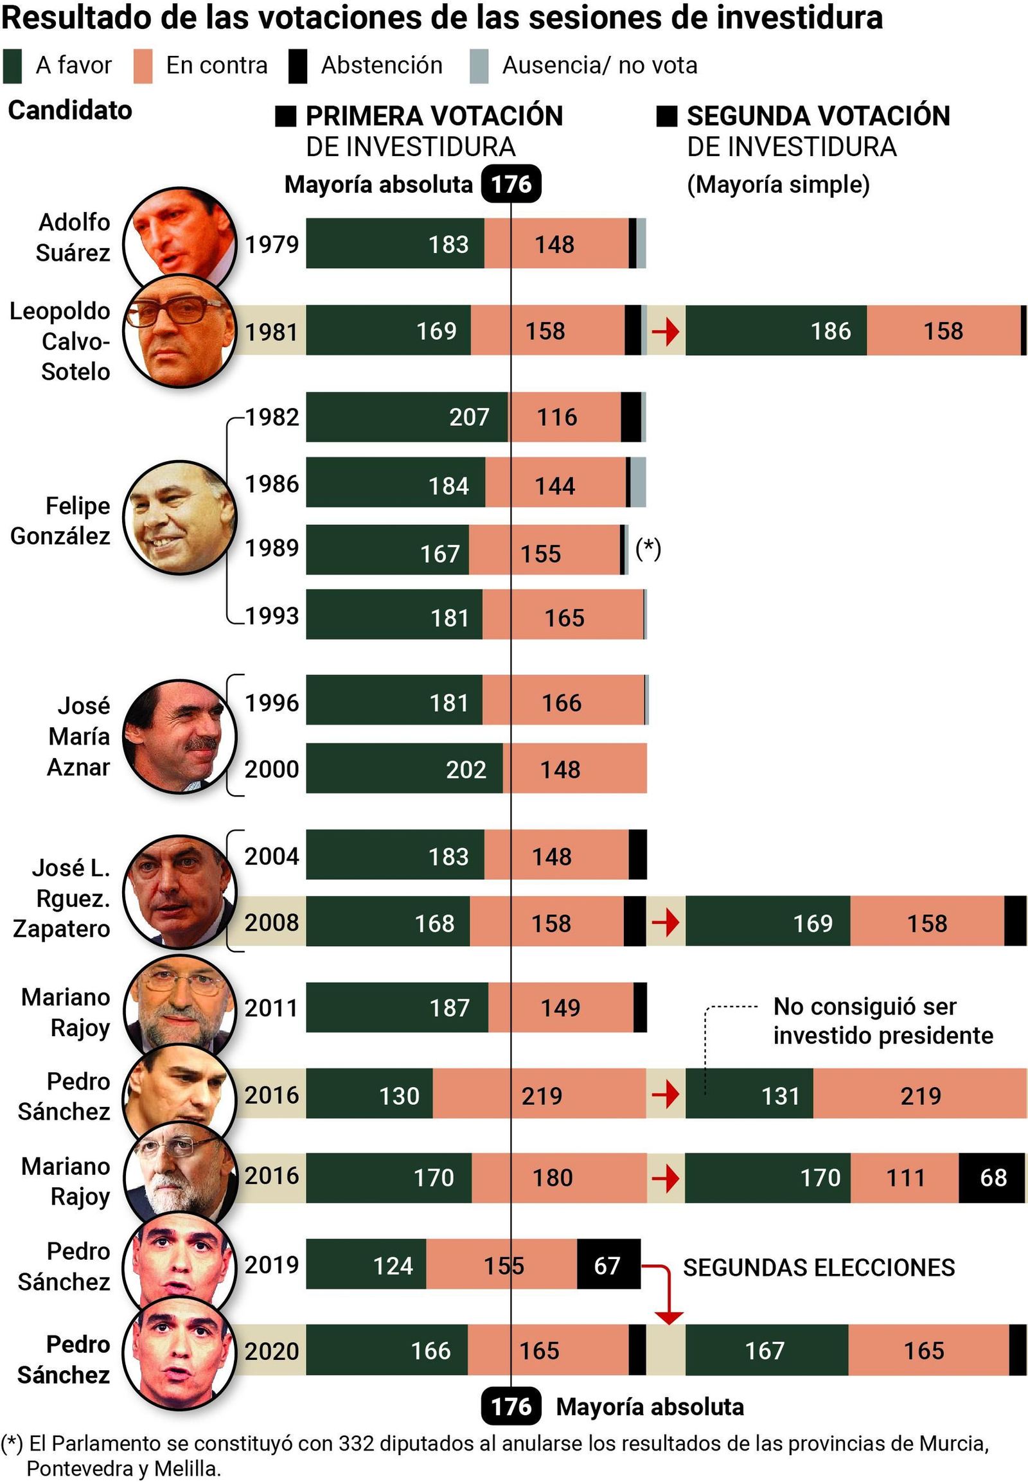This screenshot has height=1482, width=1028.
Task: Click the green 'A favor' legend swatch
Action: (x=12, y=66)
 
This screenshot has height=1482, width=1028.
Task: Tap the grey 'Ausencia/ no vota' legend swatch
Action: (x=479, y=66)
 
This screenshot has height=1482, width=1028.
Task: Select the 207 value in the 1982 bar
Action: (x=469, y=418)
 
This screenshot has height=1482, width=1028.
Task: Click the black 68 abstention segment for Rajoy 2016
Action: (x=993, y=1178)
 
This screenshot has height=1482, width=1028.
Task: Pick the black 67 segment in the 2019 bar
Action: (x=607, y=1266)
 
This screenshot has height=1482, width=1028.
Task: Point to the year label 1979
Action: (x=272, y=245)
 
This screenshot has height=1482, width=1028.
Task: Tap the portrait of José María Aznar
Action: (x=180, y=736)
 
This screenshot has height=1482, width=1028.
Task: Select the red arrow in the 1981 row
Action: (x=666, y=331)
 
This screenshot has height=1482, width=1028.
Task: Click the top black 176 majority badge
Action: (x=511, y=184)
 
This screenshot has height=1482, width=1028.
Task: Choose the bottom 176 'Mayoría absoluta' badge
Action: (x=511, y=1407)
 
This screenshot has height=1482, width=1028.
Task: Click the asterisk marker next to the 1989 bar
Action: (x=648, y=548)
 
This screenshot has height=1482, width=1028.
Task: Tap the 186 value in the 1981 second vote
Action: (x=830, y=331)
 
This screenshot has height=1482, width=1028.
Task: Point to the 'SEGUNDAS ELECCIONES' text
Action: (x=818, y=1267)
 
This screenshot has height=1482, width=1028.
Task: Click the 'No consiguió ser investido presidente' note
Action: (x=882, y=1021)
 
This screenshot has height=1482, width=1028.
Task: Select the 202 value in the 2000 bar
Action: (x=466, y=770)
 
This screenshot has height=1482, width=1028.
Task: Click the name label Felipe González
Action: (x=61, y=521)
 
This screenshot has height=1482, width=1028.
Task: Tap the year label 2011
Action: (x=272, y=1008)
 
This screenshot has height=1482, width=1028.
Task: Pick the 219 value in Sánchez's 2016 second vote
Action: (x=920, y=1096)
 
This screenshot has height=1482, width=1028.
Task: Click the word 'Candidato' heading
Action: (x=69, y=110)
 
